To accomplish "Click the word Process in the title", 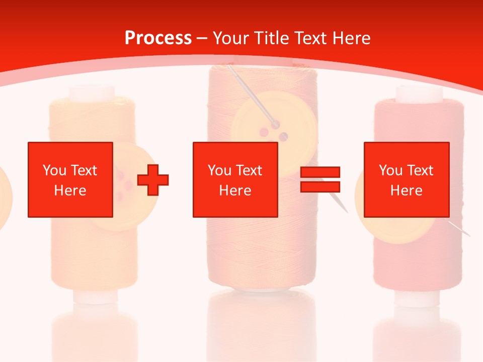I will pos(158,38).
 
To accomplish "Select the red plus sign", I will pos(153,180).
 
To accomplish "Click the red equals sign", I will pos(320,179).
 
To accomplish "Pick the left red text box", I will pos(70,179).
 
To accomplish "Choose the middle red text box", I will pos(235,179).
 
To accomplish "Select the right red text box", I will pos(406,179).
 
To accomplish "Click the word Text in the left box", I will pos(84,170).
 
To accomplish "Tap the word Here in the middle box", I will pos(235,191).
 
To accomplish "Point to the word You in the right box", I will pos(390,170).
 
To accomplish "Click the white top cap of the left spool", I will pos(92,93).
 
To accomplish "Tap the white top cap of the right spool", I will pos(419,93).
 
